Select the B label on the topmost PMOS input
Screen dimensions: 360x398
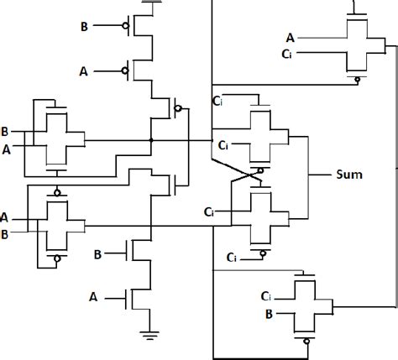(x=84, y=27)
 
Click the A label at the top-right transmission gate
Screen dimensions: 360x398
(x=291, y=36)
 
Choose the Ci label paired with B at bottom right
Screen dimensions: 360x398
(x=266, y=296)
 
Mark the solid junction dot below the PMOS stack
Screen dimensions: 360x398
(x=150, y=139)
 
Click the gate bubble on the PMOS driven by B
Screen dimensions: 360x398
(x=125, y=27)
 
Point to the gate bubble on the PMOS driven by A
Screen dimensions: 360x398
(x=125, y=70)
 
